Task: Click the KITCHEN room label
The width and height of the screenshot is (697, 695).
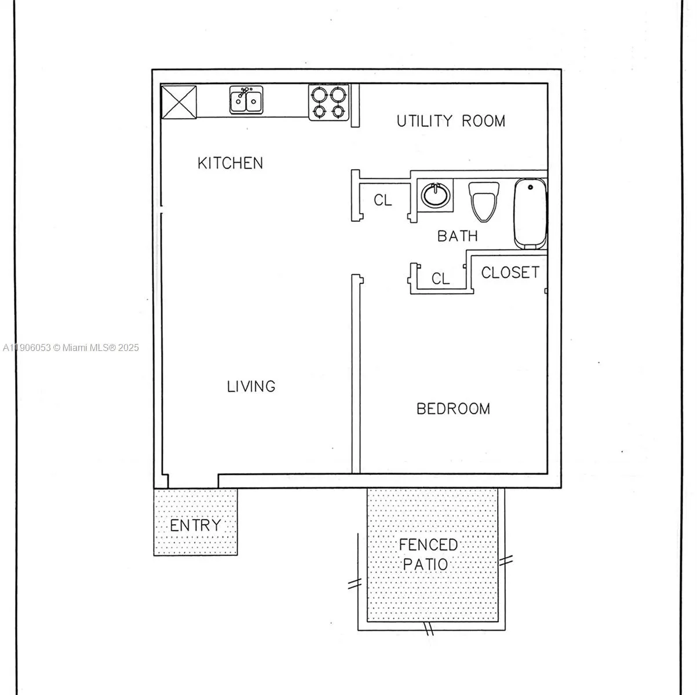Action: [x=230, y=163]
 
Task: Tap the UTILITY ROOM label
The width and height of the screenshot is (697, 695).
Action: [x=451, y=121]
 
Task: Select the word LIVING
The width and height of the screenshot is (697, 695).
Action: [x=251, y=386]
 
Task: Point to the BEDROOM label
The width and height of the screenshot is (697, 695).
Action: [x=453, y=409]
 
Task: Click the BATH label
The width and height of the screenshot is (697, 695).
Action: [x=457, y=236]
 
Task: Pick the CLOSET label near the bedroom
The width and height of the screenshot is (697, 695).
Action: [x=510, y=273]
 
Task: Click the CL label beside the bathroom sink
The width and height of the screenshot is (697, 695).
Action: [x=382, y=200]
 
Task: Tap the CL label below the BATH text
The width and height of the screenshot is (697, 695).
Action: [x=440, y=279]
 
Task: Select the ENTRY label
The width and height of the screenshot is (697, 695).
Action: [x=195, y=525]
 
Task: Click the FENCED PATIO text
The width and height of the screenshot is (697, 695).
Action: [x=428, y=554]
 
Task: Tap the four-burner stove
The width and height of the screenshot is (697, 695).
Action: [x=329, y=102]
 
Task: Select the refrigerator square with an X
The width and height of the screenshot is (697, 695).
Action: [x=178, y=102]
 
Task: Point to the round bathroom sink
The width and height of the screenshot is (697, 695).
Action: [x=434, y=195]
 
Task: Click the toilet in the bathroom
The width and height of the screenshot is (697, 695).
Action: [x=484, y=200]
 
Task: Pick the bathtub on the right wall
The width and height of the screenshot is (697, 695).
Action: [x=530, y=213]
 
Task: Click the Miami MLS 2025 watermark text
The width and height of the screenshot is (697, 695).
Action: [x=70, y=348]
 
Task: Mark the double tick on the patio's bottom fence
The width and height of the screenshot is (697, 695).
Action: [x=429, y=628]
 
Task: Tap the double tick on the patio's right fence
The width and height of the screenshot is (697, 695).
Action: [x=506, y=560]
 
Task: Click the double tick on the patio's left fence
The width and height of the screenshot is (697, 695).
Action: [x=354, y=584]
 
